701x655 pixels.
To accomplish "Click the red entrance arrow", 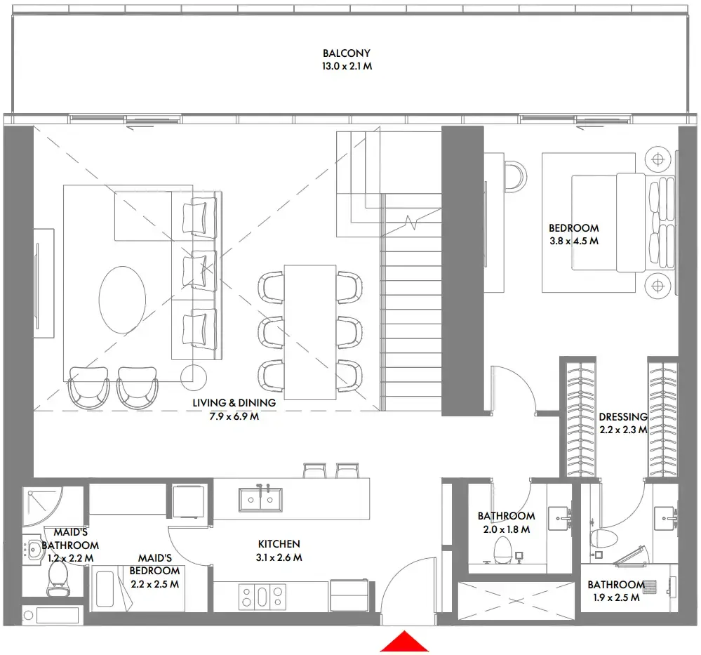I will pos(403,642).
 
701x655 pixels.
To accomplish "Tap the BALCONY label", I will pos(346,53).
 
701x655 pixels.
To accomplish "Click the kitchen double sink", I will pos(260,499).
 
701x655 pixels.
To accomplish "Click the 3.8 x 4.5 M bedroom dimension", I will pos(573,241).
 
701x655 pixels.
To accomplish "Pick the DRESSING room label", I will pos(622,417).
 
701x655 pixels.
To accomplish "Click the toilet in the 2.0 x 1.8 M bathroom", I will pos(503,550).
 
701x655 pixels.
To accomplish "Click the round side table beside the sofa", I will pos(194,377).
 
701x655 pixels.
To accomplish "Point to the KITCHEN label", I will pos(279,544).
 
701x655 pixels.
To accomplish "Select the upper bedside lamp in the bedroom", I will pos(657,159).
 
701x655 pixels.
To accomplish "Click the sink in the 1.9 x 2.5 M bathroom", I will pos(664,520).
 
